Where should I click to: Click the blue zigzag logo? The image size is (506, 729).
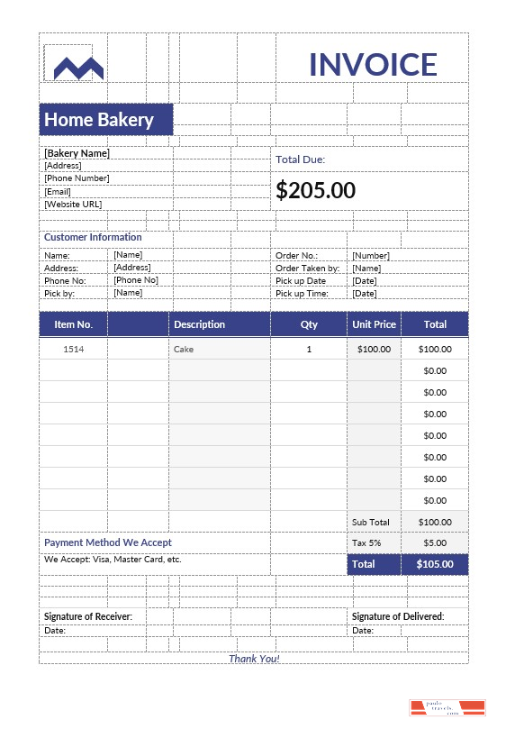tap(78, 67)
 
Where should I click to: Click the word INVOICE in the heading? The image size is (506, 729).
tap(373, 65)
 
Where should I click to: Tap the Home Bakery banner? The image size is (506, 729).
tap(105, 120)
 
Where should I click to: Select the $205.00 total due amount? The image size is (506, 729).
tap(315, 190)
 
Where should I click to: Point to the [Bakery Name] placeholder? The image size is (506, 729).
tap(77, 153)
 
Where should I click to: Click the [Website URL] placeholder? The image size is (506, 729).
tap(73, 205)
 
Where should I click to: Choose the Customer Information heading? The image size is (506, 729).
tap(93, 238)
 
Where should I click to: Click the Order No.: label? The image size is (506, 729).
tap(296, 256)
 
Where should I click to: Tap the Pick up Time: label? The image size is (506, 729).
tap(302, 294)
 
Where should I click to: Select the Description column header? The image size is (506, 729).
tap(199, 324)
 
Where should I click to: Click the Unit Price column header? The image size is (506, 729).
tap(374, 324)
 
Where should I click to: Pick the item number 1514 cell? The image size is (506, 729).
tap(73, 349)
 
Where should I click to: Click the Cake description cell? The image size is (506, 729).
tap(184, 349)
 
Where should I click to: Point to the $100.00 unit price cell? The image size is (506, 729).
tap(374, 349)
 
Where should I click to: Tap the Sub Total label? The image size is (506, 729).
tap(370, 523)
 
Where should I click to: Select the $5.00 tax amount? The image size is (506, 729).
tap(435, 543)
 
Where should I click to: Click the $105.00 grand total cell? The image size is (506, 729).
tap(435, 565)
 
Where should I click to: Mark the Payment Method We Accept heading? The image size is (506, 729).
tap(108, 543)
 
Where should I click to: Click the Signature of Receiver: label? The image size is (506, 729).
tap(88, 616)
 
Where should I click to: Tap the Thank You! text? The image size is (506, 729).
tap(254, 659)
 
